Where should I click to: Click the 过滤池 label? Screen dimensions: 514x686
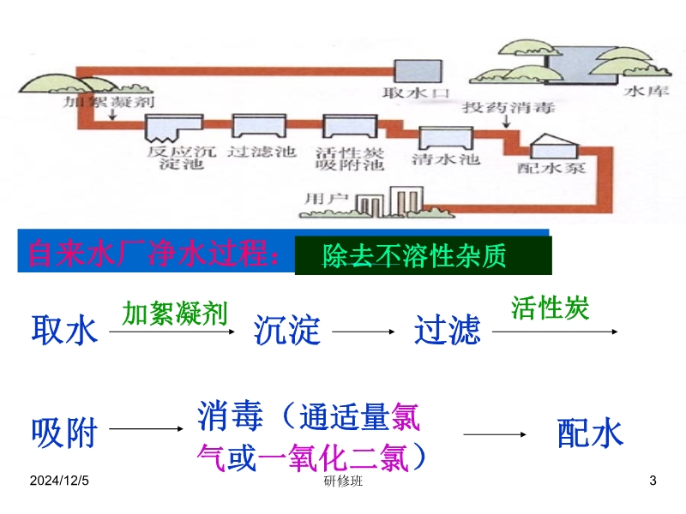(262, 152)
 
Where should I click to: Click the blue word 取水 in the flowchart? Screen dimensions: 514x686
(64, 330)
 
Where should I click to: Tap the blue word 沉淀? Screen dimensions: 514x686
(287, 330)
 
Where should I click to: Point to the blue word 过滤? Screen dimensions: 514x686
(447, 330)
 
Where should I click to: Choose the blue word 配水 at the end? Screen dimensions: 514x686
(590, 433)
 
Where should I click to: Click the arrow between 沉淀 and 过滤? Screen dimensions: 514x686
(366, 331)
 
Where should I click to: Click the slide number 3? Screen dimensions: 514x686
(653, 482)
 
